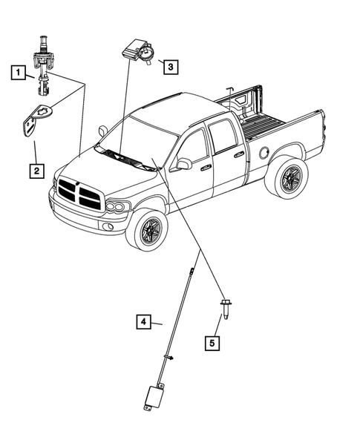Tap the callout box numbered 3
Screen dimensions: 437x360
[169, 67]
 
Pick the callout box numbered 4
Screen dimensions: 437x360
[144, 322]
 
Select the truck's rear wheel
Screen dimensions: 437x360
[286, 179]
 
